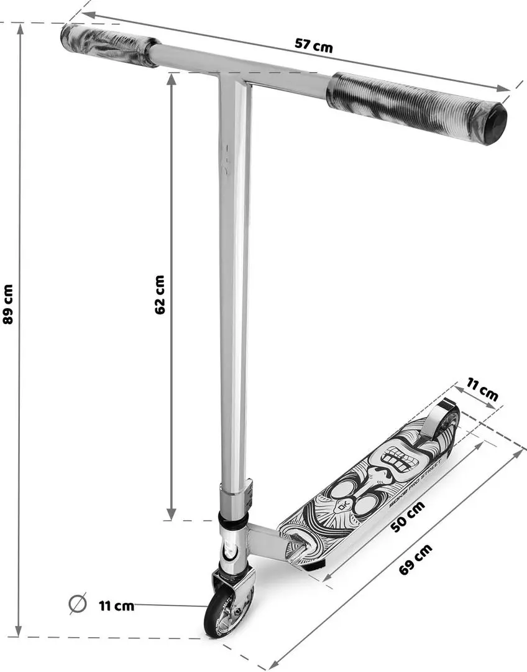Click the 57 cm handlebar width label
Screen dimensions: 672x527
click(x=314, y=45)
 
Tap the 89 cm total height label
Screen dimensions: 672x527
click(x=8, y=304)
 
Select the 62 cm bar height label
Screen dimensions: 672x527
click(x=160, y=294)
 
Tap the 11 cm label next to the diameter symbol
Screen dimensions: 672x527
click(x=116, y=605)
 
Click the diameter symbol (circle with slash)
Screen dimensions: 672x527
click(x=78, y=604)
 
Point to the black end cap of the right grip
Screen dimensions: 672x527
click(x=495, y=125)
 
